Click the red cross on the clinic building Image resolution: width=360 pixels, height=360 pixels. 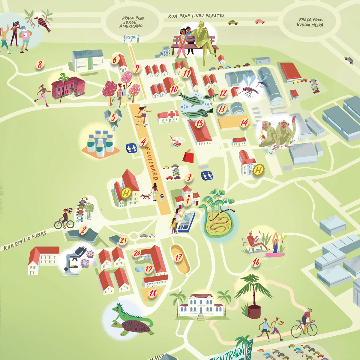(172, 114)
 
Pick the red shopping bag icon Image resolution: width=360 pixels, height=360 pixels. (188, 155)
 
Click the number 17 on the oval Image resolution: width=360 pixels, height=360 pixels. (179, 257)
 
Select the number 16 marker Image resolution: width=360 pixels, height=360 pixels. (256, 262)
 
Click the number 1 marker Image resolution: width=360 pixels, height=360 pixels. (188, 202)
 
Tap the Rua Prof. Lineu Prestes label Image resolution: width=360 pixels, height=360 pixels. (196, 16)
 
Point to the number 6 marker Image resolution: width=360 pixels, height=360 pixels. (115, 60)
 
